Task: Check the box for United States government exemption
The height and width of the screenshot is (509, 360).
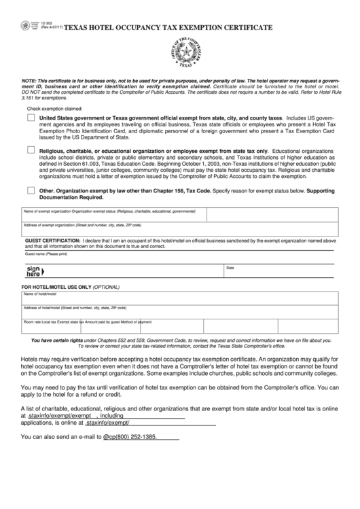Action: coord(31,118)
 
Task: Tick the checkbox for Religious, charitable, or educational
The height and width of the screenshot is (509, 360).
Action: coord(31,150)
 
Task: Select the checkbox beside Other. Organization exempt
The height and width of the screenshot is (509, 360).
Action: coord(31,191)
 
